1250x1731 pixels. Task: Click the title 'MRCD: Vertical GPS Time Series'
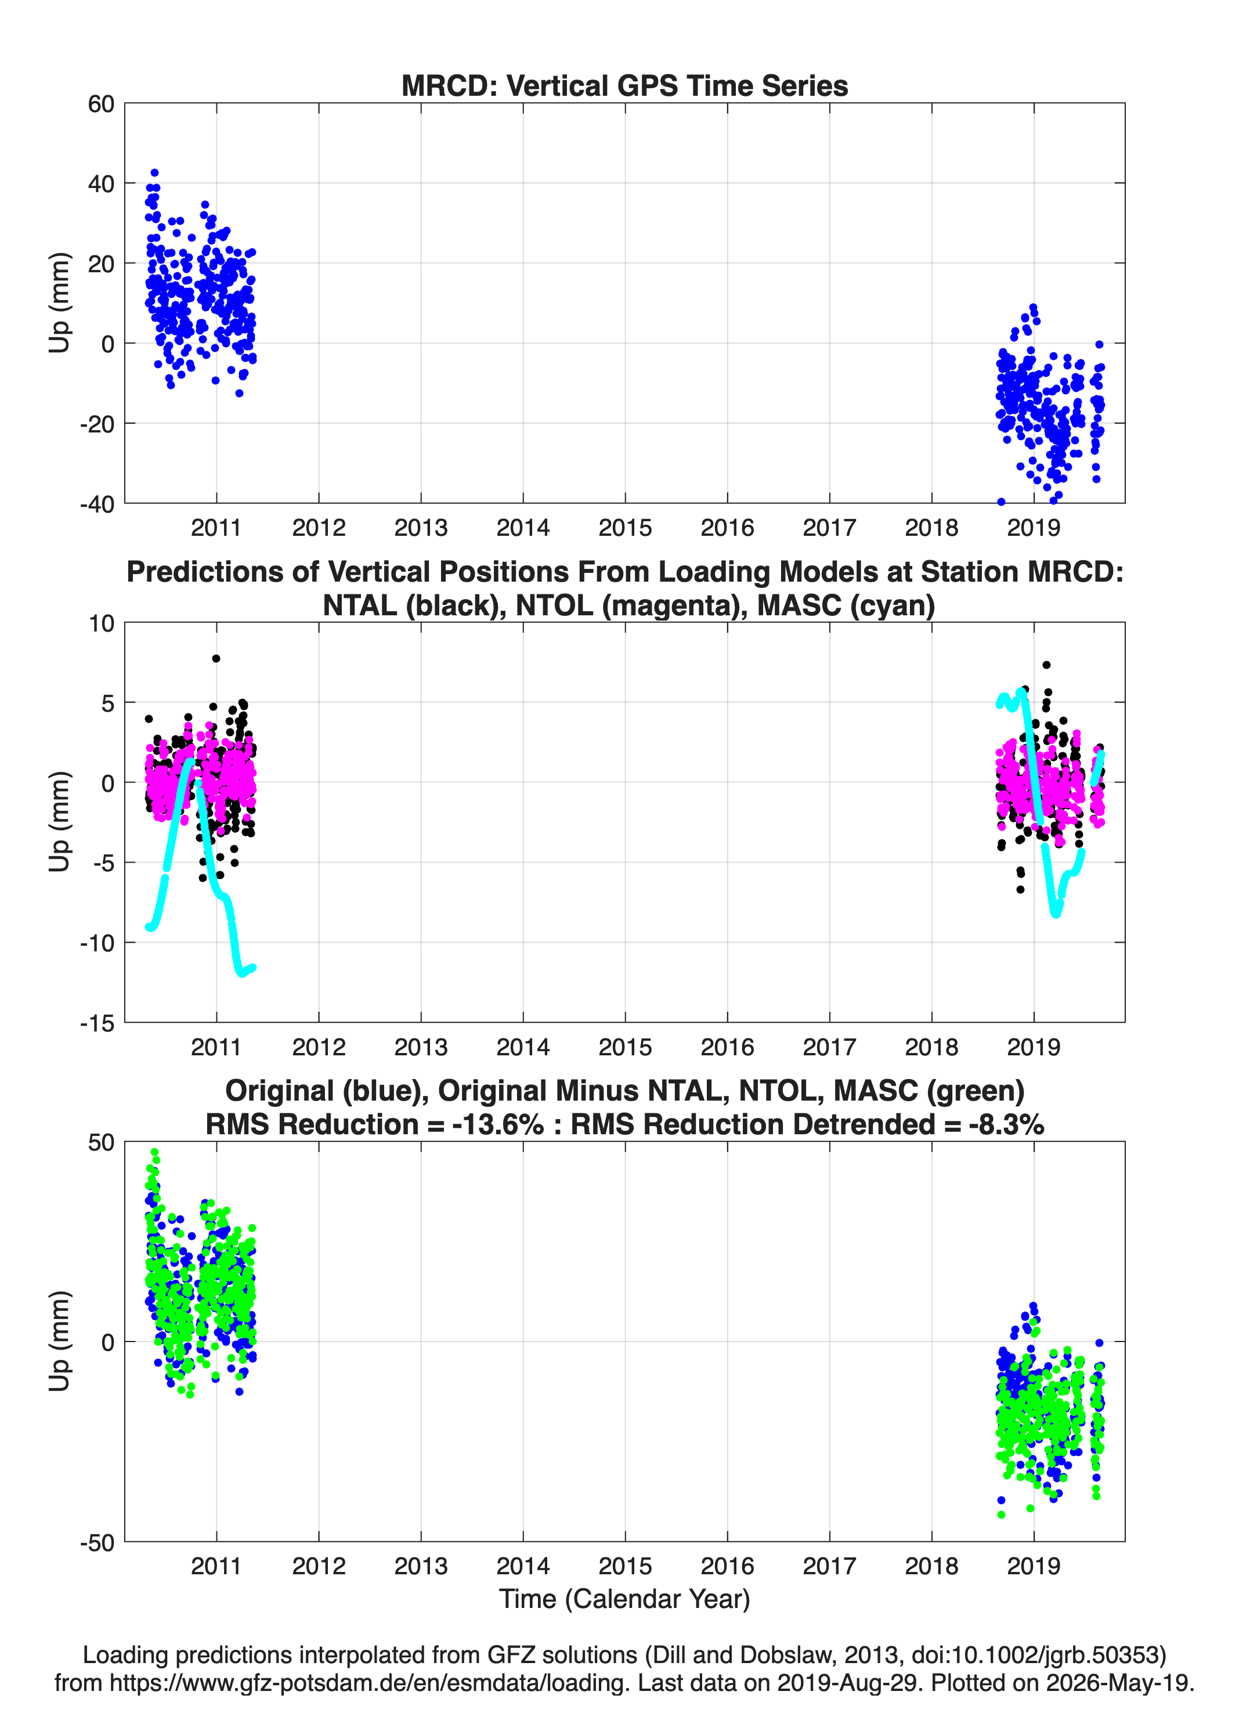point(624,85)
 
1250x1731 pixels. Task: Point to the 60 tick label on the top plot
point(101,104)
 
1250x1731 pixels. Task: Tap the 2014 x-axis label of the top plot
point(523,528)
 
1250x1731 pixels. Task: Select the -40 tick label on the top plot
point(97,504)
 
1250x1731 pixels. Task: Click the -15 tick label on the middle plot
point(97,1023)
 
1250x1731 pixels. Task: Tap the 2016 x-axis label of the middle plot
point(727,1047)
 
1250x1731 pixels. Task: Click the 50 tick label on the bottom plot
point(101,1142)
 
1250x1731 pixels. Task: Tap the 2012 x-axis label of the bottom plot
point(319,1566)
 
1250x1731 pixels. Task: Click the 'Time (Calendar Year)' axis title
point(624,1599)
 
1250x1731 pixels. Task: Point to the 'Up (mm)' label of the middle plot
point(60,822)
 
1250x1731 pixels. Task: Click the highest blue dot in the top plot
point(154,173)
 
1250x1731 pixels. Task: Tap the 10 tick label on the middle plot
point(101,623)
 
